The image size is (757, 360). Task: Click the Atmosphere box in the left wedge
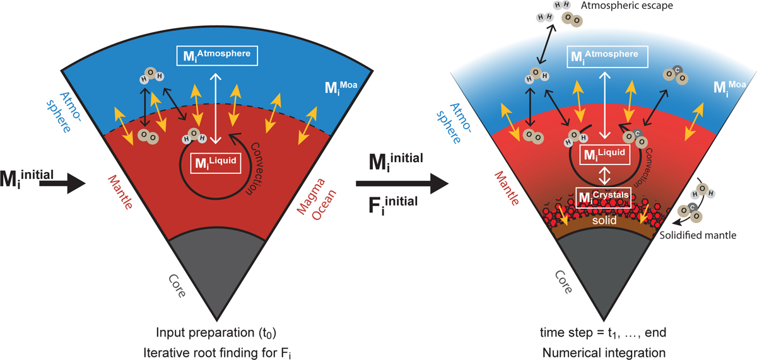(x=214, y=55)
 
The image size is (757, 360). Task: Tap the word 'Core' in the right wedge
(x=564, y=282)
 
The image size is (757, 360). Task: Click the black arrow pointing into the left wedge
(x=68, y=183)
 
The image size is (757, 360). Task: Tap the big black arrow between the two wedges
(x=400, y=184)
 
